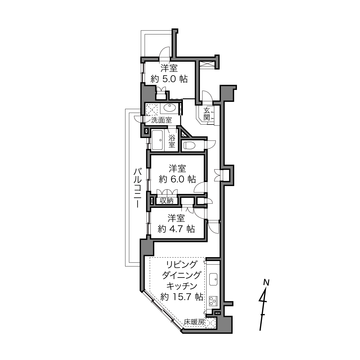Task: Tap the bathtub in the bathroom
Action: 158,140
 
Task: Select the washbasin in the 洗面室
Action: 170,108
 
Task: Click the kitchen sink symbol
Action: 213,279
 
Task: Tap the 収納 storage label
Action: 166,201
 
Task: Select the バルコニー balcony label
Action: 138,188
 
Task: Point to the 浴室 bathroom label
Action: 172,141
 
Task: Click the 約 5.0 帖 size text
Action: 169,79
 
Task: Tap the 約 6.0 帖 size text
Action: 177,179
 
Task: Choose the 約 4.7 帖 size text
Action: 176,229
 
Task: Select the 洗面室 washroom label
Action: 161,120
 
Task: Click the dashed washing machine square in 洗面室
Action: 152,110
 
